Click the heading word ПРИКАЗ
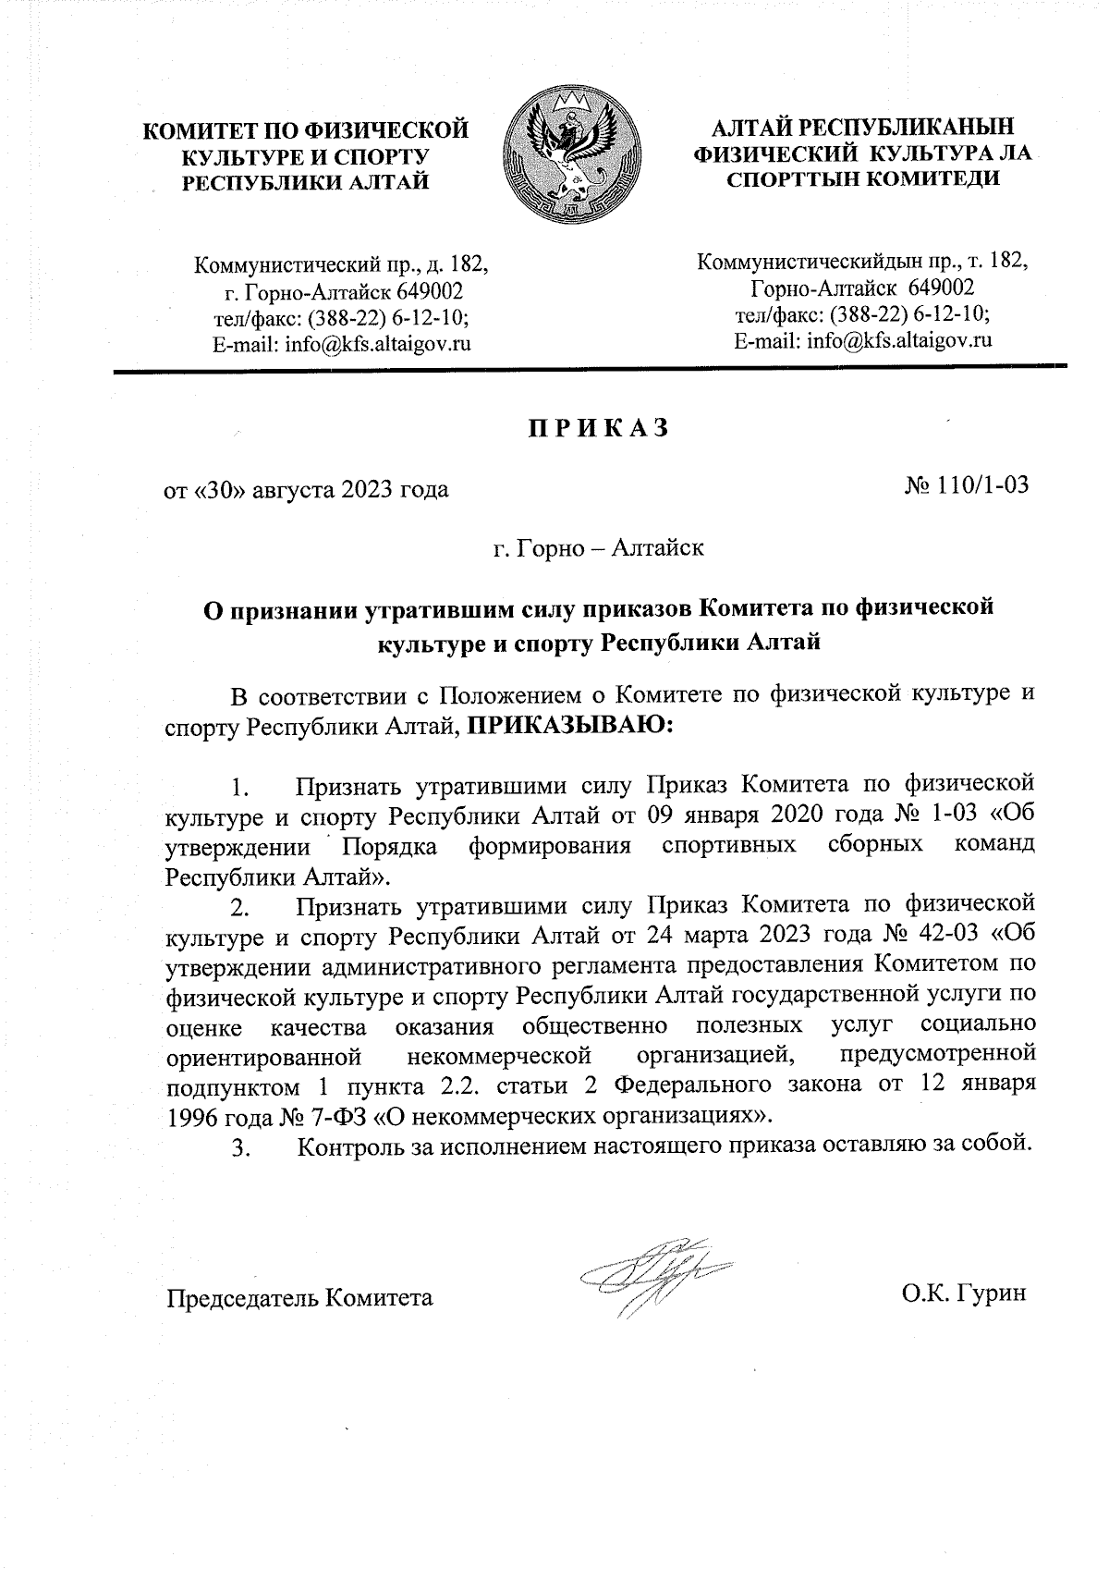(x=597, y=429)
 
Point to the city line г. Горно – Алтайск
(x=598, y=548)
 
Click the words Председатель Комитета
(x=299, y=1297)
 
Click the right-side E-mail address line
(x=862, y=341)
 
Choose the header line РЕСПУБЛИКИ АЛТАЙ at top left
(x=305, y=182)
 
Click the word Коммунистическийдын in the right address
(x=786, y=263)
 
